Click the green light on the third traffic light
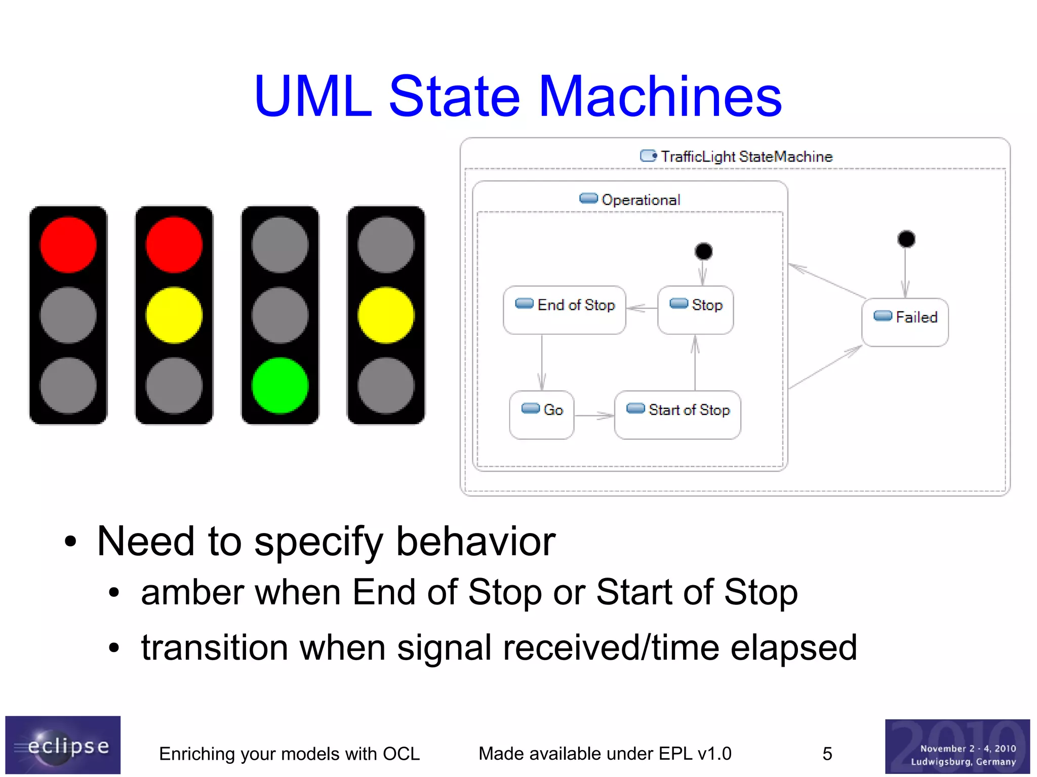[x=280, y=385]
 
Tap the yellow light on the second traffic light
[x=174, y=315]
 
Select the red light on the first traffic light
[x=68, y=244]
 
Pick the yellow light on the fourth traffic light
[x=385, y=315]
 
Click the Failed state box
[x=905, y=322]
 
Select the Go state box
[x=541, y=415]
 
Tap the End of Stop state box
[x=564, y=310]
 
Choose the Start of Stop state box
[x=677, y=415]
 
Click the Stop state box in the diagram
[x=695, y=310]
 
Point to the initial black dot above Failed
[x=906, y=239]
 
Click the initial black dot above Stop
[x=703, y=251]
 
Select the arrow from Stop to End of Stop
[x=642, y=308]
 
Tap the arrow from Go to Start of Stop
[x=594, y=416]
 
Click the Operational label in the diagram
[x=640, y=200]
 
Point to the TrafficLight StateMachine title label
[x=746, y=156]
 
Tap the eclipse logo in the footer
[x=63, y=745]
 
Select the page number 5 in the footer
[x=827, y=754]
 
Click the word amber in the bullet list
[x=190, y=592]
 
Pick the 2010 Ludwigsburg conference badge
[x=957, y=747]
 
